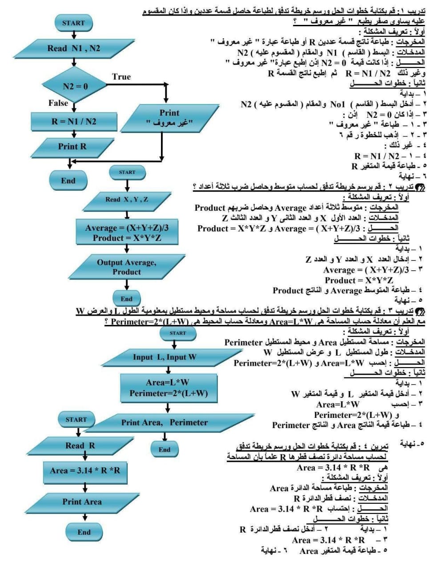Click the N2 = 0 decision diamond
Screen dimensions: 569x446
74,86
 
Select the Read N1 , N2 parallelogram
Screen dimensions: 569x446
74,48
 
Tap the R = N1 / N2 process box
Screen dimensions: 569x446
74,121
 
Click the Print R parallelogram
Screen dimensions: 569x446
72,146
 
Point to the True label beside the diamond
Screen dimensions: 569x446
121,77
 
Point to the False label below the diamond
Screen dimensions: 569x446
58,103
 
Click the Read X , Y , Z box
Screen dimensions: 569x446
127,200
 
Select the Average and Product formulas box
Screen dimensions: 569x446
127,233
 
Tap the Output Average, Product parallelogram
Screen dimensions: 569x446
127,267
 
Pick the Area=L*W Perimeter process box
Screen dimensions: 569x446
169,389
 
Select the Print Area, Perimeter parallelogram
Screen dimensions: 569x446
165,422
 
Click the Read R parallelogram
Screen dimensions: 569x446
80,446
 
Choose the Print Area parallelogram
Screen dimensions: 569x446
82,502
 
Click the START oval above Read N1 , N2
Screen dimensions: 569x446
73,23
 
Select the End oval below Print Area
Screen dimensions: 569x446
84,532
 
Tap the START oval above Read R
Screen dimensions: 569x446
76,420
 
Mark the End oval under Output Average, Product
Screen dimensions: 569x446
126,299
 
